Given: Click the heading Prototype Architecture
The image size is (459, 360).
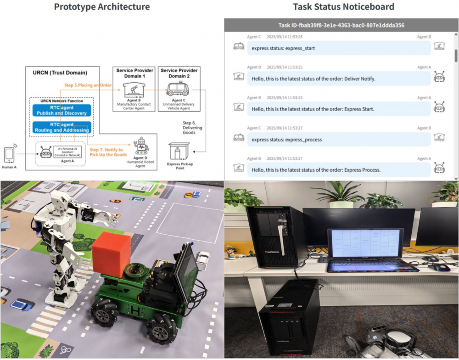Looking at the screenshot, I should (x=101, y=7).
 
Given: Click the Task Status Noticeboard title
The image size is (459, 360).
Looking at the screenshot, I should (x=343, y=7).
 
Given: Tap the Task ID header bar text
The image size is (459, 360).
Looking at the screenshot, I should (x=341, y=25).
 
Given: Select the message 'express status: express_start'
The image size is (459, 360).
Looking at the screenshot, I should (x=339, y=48).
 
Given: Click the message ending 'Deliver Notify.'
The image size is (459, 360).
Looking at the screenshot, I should (x=339, y=79).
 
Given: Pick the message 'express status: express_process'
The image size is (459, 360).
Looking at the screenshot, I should (x=339, y=139).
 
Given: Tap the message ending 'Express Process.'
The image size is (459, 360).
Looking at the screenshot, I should (x=339, y=170).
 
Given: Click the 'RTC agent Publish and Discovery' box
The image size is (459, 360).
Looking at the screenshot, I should (x=62, y=110).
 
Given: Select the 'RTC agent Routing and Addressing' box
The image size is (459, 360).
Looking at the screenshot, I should (x=62, y=127).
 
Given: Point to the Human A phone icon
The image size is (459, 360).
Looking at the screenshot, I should (x=9, y=154).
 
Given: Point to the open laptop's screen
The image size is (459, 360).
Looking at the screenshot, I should (x=365, y=244).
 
